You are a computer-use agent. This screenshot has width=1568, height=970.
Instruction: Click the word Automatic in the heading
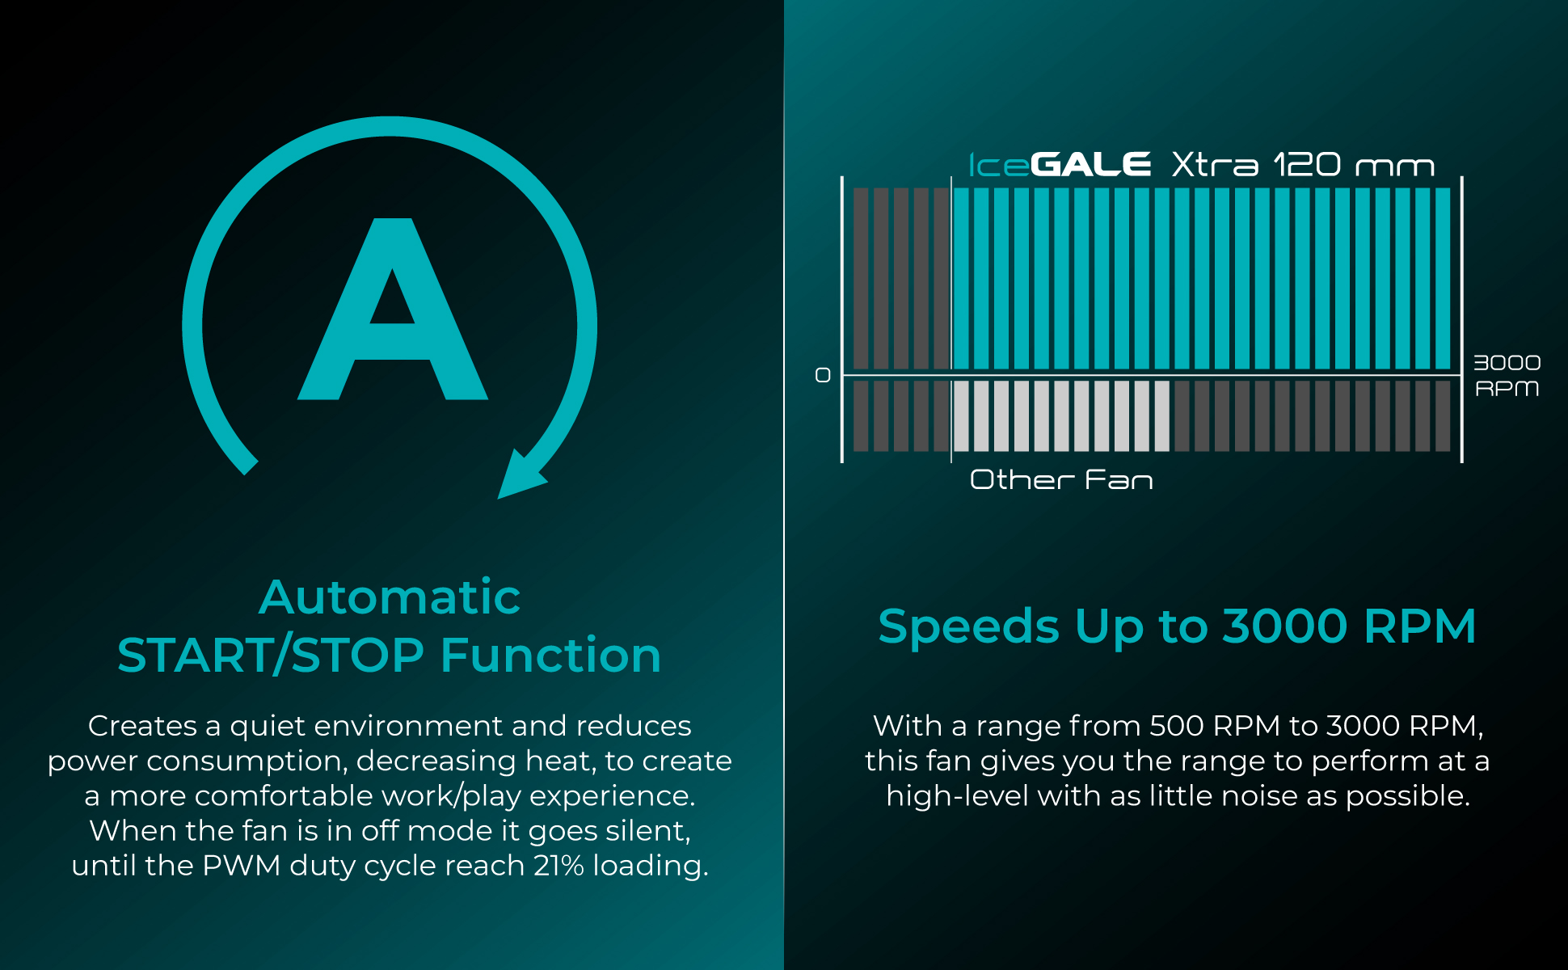pos(390,597)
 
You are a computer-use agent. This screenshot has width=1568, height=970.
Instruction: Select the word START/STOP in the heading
pos(271,655)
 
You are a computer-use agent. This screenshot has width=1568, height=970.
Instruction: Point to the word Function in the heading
pos(551,655)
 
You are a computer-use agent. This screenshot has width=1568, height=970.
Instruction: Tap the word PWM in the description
pos(241,866)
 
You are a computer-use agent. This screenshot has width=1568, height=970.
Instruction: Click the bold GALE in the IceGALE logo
pos(1091,165)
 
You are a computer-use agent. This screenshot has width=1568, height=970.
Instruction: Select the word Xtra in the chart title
pos(1215,165)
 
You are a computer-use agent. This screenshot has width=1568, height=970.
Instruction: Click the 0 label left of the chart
pos(823,375)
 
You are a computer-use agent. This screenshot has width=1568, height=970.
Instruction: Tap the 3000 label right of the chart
pos(1507,363)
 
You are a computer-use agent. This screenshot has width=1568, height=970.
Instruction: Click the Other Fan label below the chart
pos(1061,480)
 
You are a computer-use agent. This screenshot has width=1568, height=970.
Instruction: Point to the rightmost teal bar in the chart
pos(1443,279)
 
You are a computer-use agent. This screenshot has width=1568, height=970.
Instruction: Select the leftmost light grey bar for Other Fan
pos(961,416)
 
